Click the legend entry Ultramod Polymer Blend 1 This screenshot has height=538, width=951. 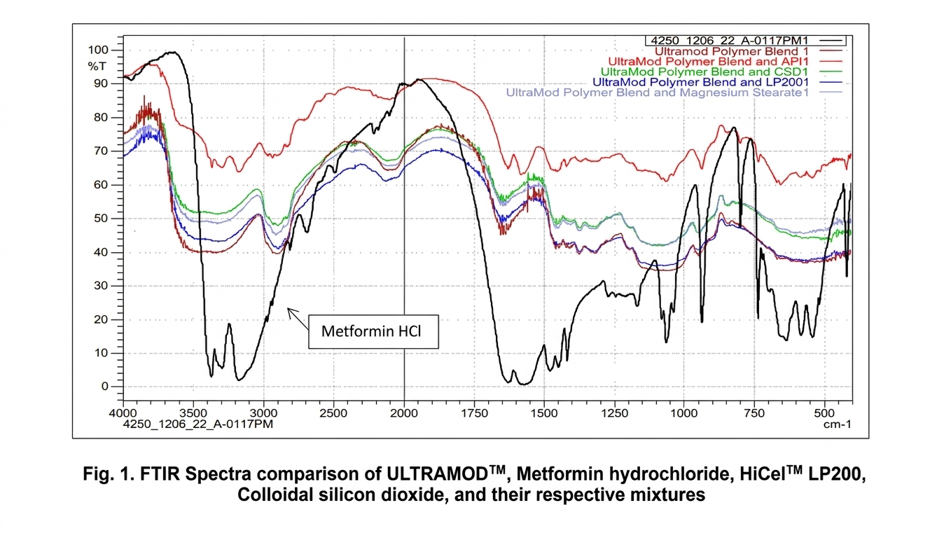(735, 51)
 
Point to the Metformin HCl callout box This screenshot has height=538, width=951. (373, 331)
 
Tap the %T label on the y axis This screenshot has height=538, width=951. (95, 66)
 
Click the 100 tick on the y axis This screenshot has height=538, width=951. (99, 50)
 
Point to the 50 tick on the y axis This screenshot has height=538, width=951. (102, 219)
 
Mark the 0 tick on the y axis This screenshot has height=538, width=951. (106, 387)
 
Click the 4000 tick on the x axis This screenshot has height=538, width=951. (123, 414)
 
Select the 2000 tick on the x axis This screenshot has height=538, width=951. (404, 414)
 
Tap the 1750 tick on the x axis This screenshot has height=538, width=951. (475, 414)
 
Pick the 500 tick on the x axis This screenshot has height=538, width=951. (825, 414)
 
